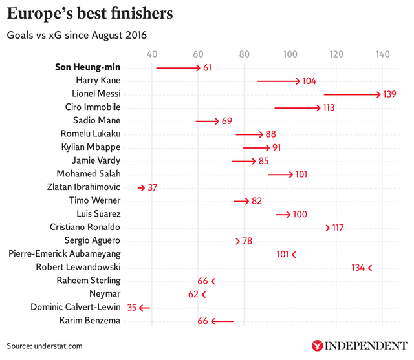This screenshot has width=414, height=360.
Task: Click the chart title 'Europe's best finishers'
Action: point(90,13)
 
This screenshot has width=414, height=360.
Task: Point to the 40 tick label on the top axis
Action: point(152,54)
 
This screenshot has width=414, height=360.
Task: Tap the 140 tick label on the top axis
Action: point(382,54)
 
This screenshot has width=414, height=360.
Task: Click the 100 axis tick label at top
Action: point(290,54)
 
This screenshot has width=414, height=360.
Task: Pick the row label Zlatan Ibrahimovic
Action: point(84,187)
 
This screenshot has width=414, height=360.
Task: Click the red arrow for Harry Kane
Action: point(278,81)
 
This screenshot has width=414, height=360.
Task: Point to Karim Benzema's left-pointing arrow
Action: point(222,321)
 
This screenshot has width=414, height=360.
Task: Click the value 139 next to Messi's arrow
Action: point(389,94)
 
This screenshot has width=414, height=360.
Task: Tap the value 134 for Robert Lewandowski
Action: point(358,268)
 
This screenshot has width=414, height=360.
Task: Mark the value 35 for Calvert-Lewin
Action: point(132,308)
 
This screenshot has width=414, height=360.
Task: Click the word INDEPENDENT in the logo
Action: point(366,345)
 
